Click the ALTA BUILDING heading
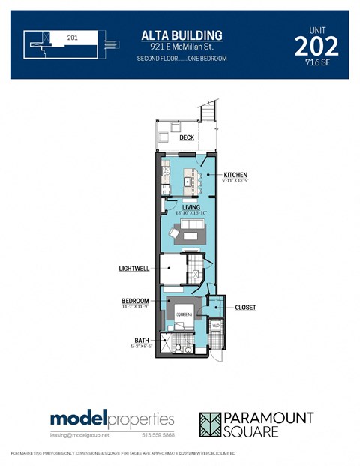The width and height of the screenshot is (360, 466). point(181,35)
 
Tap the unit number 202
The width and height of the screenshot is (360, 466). point(316,46)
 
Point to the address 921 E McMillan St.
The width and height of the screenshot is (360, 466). point(181,47)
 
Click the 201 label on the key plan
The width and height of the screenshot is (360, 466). point(73,37)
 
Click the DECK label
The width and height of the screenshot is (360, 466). point(186,138)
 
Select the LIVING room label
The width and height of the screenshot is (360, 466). point(190,207)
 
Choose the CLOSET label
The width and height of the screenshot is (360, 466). point(245,307)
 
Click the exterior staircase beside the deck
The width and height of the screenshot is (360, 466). point(209,116)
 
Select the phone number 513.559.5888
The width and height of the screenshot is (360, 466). point(157,435)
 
